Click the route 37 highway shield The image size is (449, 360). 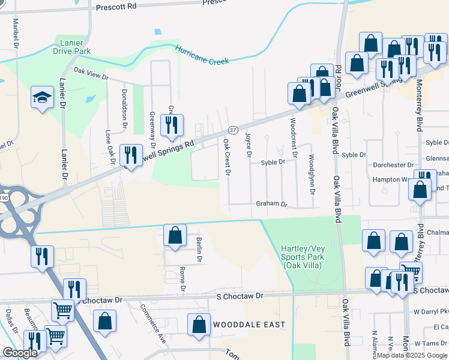coord(233,130)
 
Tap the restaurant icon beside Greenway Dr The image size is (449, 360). coord(172,124)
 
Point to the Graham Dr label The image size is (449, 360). coord(272,204)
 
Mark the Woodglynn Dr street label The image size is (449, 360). coord(312,175)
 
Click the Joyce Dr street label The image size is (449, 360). coord(248,146)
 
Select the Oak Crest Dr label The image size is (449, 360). coord(227,157)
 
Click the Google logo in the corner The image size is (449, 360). coord(20,353)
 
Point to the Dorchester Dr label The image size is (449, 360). coord(394,164)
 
